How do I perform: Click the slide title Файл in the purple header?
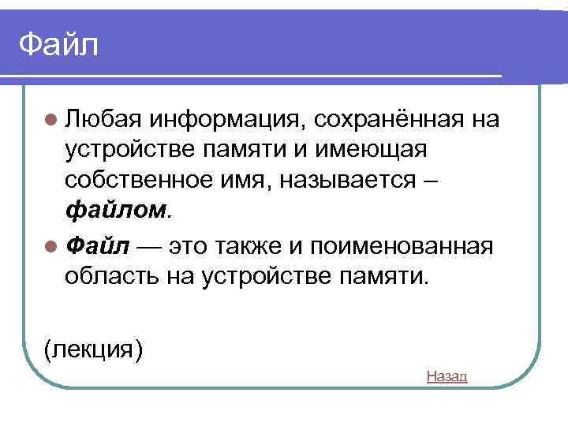(x=59, y=45)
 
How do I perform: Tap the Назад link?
(x=447, y=376)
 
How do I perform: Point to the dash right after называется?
(x=429, y=181)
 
